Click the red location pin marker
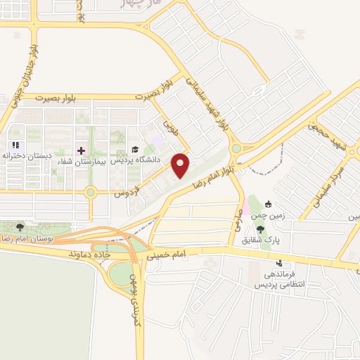tap(181, 165)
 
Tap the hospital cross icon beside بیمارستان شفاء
tap(80, 150)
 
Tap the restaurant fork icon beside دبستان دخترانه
tap(15, 145)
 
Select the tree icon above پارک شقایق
tap(261, 229)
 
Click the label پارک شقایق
tap(261, 240)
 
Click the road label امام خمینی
tap(164, 257)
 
